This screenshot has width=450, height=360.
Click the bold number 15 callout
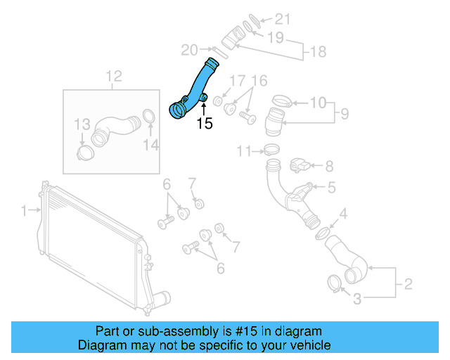coord(204,124)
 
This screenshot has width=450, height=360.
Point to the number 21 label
coord(282,19)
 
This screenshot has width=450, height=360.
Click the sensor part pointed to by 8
coord(298,166)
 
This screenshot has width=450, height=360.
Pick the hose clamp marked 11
coord(270,150)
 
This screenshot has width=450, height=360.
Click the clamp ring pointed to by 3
coord(336,283)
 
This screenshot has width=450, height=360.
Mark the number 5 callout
coord(331,187)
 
